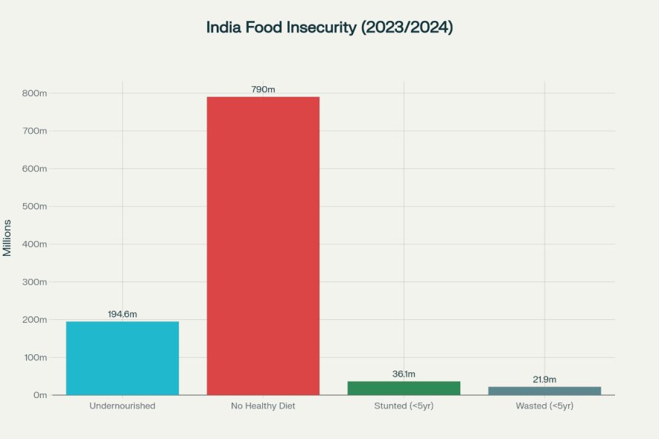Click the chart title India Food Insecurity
[329, 28]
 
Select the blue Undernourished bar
[122, 358]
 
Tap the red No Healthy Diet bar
[263, 246]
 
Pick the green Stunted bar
[404, 388]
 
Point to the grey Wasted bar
[544, 391]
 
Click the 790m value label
[263, 89]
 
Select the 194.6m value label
[122, 315]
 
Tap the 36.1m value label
[404, 374]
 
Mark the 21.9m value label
[544, 379]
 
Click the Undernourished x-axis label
[122, 406]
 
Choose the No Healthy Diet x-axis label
[263, 406]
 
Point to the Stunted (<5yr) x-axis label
[404, 406]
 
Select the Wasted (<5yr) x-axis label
[544, 406]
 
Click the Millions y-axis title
[7, 237]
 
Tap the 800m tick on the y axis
[34, 93]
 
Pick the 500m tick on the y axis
[34, 206]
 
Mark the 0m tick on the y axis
[40, 395]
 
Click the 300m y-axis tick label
[34, 282]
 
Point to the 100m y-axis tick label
[34, 357]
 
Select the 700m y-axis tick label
[34, 131]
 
